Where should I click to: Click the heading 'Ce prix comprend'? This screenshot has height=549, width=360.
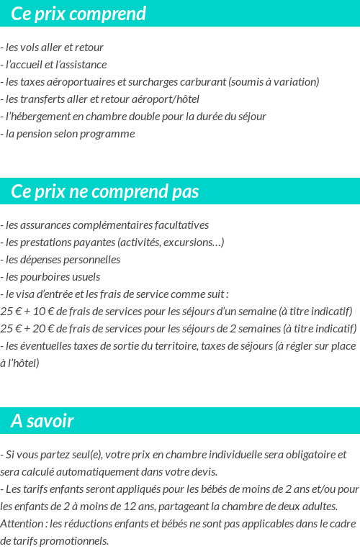(78, 14)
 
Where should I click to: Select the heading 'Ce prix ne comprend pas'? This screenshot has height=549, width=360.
(105, 191)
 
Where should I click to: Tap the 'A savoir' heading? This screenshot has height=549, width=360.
(42, 421)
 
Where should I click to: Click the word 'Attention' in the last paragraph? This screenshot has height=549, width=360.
(21, 523)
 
